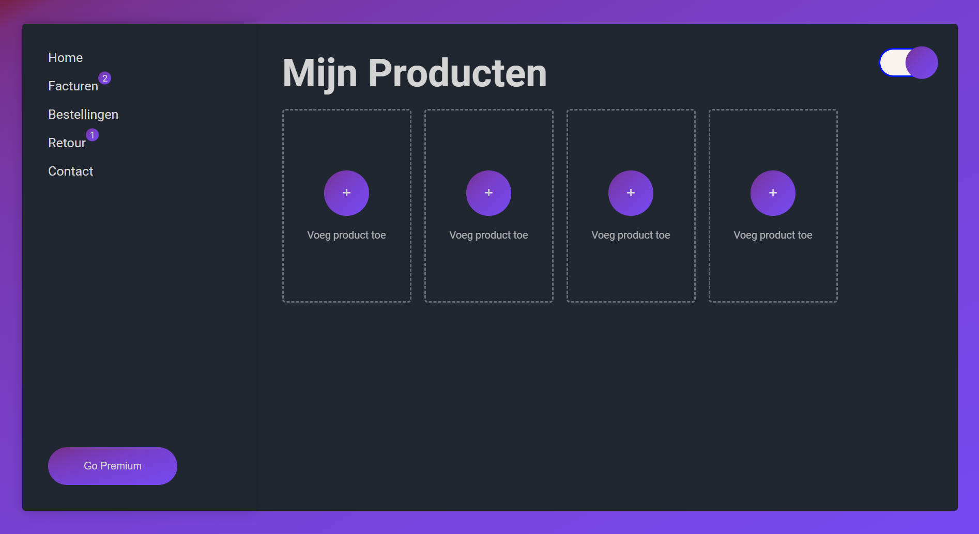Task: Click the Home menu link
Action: [65, 58]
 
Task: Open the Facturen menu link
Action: [73, 86]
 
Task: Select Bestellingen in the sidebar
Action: [83, 115]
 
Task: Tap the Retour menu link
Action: [67, 143]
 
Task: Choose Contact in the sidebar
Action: [70, 171]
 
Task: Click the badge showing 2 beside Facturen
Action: [105, 78]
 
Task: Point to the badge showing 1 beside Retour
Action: [93, 135]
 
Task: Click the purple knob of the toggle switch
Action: [922, 62]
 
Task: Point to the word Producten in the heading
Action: [457, 73]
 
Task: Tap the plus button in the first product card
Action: [346, 193]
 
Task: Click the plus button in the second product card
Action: [488, 193]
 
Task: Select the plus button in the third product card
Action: [631, 193]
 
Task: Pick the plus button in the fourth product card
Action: [773, 193]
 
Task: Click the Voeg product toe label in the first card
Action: [346, 235]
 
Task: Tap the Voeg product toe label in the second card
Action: [488, 235]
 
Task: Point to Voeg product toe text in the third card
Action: [631, 235]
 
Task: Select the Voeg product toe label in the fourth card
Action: [773, 235]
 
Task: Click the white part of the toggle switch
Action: [893, 62]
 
